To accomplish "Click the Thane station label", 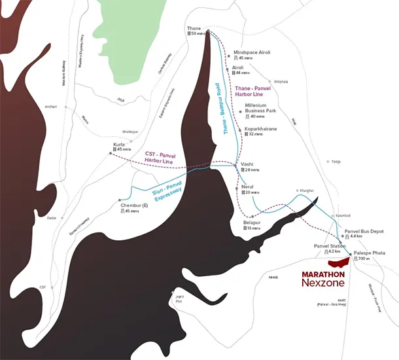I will tap(194, 29).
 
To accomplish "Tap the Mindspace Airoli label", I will tap(252, 52).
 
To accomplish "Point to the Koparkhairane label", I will tap(260, 129).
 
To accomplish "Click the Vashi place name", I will tap(247, 164).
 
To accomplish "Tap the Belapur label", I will tap(252, 223).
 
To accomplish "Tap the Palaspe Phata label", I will tap(370, 253).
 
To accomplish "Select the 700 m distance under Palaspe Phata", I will tap(364, 259).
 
